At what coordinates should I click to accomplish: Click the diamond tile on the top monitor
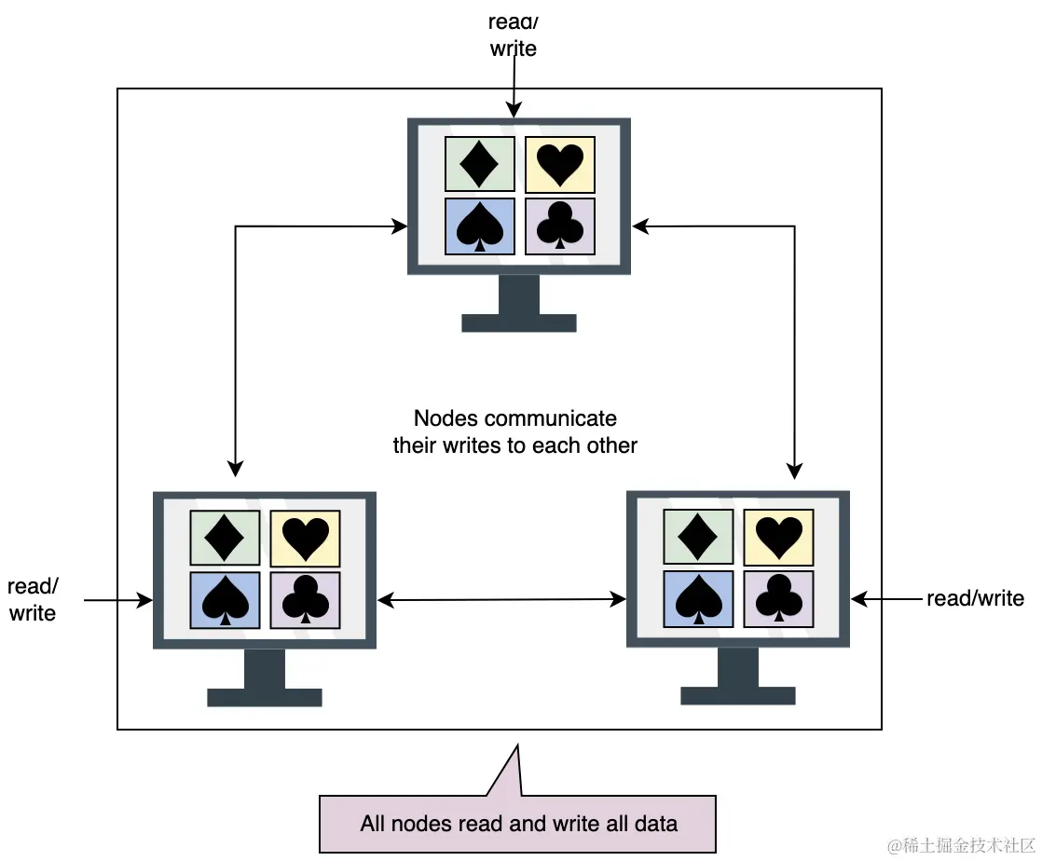(480, 165)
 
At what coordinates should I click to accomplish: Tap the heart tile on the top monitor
(560, 165)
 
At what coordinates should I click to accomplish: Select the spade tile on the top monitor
(480, 226)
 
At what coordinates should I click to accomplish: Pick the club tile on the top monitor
(560, 226)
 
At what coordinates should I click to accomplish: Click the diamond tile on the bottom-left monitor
(225, 538)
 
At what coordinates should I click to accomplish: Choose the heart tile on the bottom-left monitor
(305, 538)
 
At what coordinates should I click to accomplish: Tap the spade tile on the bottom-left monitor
(225, 600)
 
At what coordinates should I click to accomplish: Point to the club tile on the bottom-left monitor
(305, 600)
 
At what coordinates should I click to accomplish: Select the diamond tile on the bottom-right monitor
(698, 538)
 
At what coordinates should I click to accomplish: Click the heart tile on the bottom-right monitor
(778, 538)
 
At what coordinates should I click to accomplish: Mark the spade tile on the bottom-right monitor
(698, 599)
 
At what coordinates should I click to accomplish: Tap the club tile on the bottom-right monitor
(778, 599)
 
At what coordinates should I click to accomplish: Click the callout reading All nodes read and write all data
(518, 824)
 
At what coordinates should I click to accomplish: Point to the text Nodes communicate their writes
(514, 431)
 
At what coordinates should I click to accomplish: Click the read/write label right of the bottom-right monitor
(974, 598)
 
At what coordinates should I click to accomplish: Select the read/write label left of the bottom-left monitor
(33, 599)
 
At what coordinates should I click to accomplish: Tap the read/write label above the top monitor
(513, 34)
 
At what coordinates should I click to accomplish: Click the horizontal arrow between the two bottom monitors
(501, 600)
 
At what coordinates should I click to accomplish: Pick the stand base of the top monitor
(519, 323)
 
